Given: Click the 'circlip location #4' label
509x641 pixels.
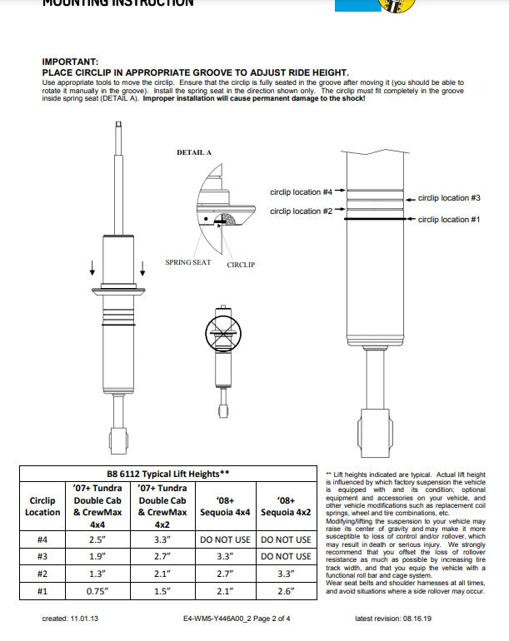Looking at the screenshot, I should [301, 192].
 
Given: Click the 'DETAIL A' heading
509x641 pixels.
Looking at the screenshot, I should [194, 153].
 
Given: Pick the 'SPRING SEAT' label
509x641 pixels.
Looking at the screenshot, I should [187, 263].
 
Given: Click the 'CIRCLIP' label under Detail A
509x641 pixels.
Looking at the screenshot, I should [241, 265].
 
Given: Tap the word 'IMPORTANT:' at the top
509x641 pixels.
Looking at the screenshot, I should [70, 62].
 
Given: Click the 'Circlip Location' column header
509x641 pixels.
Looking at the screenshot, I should [42, 506].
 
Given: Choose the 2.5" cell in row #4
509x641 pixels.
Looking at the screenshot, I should [98, 539].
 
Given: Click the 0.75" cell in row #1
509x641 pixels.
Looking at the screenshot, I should [98, 590].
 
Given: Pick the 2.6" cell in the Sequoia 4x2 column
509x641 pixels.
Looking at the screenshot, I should [287, 590].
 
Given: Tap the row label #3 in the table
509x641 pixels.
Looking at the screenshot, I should [42, 556].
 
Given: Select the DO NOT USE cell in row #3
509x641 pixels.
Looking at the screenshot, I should [287, 556].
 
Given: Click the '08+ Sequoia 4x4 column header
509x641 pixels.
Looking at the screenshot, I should [225, 507].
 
